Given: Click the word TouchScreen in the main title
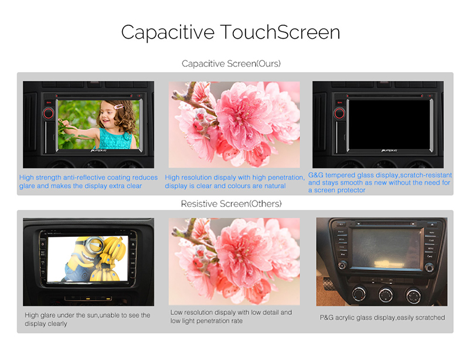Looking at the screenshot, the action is [x=280, y=32].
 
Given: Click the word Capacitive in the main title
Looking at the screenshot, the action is [x=168, y=33].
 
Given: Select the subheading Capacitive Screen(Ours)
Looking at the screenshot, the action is [x=231, y=64].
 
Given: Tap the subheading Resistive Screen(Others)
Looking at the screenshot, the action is [x=231, y=204].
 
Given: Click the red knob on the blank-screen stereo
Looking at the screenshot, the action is [x=339, y=113].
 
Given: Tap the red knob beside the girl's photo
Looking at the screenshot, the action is [x=49, y=113].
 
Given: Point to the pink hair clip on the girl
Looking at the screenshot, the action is [x=119, y=107].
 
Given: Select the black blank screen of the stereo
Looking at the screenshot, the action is [x=389, y=124].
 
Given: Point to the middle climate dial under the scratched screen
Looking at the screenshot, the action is [x=386, y=295].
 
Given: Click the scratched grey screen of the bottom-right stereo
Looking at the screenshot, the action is [x=386, y=248].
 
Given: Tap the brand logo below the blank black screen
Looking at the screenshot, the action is [x=389, y=151].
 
